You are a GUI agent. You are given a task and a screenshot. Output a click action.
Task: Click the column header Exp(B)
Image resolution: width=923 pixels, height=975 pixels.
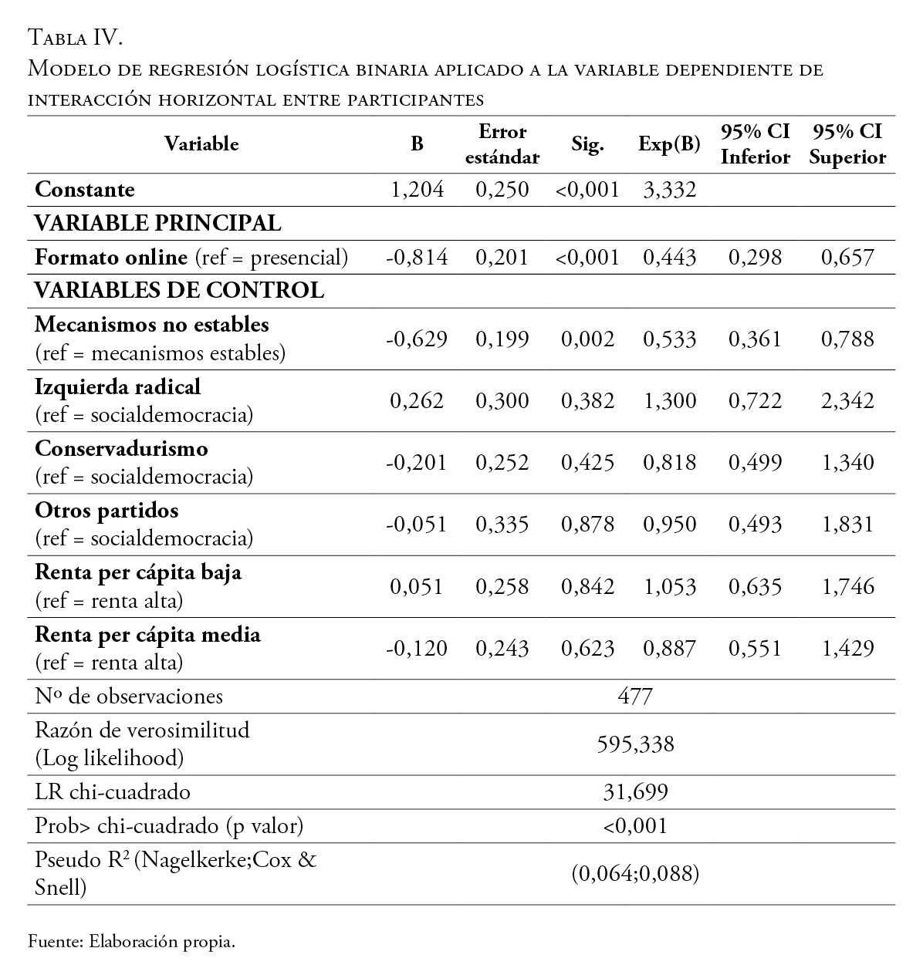click(669, 144)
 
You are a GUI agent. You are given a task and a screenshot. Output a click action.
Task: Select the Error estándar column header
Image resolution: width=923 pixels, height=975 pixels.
click(502, 144)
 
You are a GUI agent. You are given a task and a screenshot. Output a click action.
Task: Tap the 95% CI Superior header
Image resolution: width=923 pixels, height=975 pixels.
click(847, 144)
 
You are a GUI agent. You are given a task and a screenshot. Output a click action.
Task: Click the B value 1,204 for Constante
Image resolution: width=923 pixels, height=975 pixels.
click(418, 190)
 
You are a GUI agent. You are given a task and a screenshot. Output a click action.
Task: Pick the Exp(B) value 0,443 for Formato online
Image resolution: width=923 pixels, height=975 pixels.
click(669, 258)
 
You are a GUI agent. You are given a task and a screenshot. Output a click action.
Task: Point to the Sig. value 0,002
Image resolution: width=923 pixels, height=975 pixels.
click(587, 339)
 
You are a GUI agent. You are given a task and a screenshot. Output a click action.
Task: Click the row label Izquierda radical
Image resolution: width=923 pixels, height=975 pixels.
click(117, 386)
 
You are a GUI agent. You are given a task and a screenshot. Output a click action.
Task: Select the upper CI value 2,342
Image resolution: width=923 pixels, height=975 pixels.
click(847, 401)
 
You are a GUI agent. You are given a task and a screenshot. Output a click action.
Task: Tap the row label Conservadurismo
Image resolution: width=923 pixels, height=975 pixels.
click(121, 449)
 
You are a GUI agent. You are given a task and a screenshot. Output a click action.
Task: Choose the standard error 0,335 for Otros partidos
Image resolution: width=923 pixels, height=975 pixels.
click(502, 525)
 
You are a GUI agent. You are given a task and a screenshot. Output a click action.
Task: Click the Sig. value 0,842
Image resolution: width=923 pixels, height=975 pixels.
click(587, 587)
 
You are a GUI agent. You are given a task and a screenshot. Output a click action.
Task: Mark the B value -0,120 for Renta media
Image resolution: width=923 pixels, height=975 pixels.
click(417, 649)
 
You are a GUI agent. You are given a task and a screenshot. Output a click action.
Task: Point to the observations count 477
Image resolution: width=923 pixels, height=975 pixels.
click(635, 697)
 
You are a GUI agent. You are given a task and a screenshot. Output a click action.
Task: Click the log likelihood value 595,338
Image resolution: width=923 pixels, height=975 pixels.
click(635, 744)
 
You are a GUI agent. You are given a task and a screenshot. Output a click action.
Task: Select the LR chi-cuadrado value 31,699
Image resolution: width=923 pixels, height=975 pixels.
click(635, 792)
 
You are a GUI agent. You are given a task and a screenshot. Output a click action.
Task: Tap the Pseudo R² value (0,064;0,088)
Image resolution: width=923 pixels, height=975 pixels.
click(635, 874)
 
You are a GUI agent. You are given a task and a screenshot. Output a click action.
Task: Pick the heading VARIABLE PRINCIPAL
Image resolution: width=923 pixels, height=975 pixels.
click(157, 224)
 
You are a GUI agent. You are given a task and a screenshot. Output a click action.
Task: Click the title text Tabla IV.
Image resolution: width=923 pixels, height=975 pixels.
click(76, 37)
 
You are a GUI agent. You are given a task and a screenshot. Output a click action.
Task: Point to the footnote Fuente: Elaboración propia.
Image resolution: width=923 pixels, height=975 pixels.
click(131, 942)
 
